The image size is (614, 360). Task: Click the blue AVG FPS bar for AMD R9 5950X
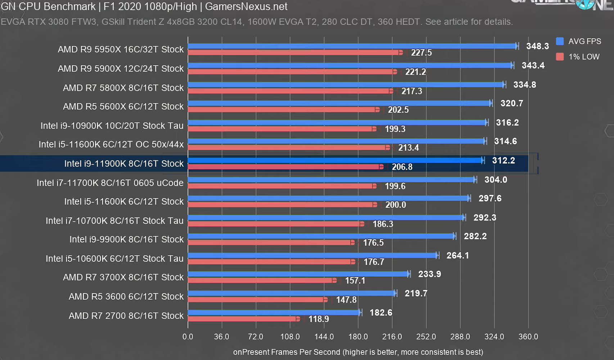[352, 46]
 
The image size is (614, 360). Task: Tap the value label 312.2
[503, 160]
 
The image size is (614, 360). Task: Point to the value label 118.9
[319, 319]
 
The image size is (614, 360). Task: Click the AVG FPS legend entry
[578, 41]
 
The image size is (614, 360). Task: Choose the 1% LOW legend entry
[578, 57]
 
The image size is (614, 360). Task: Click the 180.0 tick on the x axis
[358, 337]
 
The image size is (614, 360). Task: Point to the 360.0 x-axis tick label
[528, 337]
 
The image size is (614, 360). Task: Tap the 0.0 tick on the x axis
[188, 337]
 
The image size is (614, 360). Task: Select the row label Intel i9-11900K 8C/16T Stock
[124, 164]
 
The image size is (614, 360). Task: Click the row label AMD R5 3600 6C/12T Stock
[126, 296]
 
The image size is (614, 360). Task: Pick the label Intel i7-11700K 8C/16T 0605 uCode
[110, 183]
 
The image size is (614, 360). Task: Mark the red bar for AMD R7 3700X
[261, 280]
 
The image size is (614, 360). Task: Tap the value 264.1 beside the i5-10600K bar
[457, 255]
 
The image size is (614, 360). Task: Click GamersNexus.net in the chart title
[246, 6]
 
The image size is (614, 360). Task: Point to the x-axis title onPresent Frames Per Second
[358, 352]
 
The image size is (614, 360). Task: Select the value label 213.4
[408, 147]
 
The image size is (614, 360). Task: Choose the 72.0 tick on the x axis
[256, 337]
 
